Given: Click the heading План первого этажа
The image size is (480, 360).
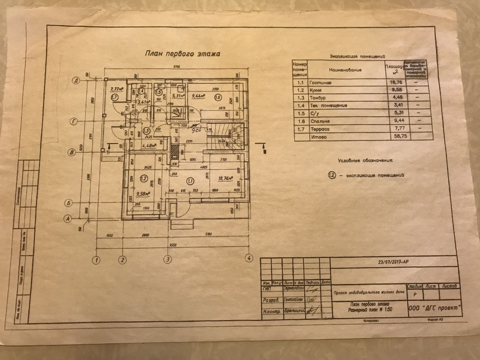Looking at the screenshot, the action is coord(183,54).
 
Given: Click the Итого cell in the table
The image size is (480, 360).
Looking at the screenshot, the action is coord(318,137).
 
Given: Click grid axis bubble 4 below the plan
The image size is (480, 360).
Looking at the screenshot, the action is coord(247,258).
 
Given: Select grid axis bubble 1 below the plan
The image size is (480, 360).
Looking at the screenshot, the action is coord(97,259).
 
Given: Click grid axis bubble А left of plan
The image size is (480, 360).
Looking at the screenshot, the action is coord(68,217).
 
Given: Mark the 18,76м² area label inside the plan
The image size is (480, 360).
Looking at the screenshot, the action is coord(225,179).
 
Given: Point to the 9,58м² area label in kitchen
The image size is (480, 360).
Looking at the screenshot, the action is coord(143,194).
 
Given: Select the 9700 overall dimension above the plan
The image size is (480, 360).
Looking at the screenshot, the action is coord(176,67).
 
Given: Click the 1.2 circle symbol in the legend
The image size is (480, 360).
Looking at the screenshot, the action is coord(331,175).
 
